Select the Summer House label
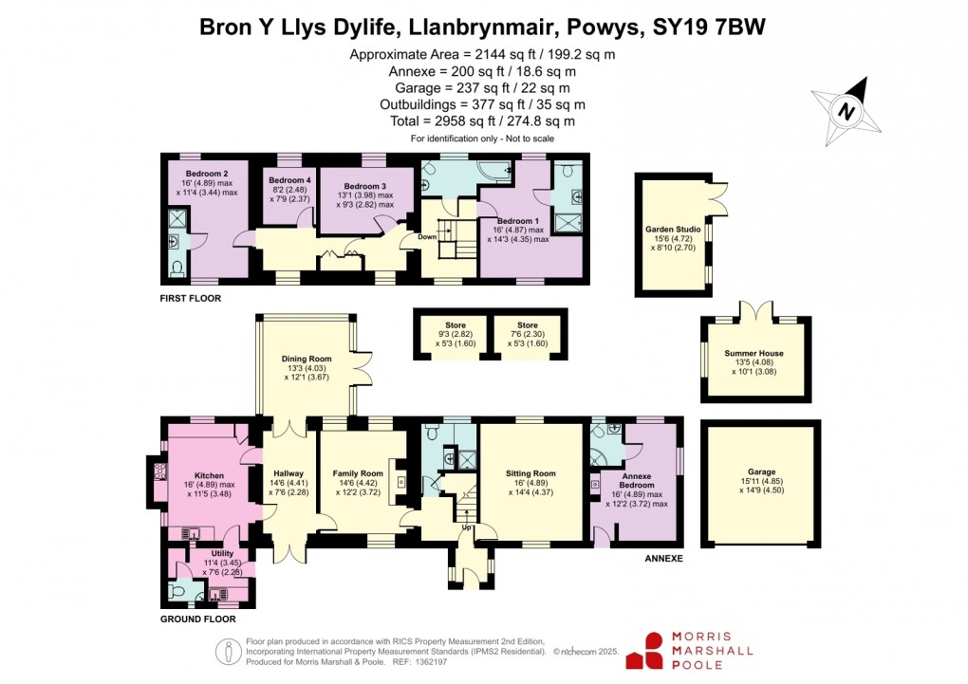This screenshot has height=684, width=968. [x=754, y=353]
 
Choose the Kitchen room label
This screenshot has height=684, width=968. [x=209, y=475]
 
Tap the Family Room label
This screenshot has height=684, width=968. [x=358, y=473]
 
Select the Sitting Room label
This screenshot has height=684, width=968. [x=531, y=473]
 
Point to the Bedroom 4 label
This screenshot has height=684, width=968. [x=289, y=180]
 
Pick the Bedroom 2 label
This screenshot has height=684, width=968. [x=206, y=174]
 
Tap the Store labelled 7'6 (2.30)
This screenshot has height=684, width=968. [x=527, y=325]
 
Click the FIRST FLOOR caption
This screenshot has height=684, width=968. [x=190, y=298]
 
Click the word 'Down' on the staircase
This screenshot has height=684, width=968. [x=428, y=237]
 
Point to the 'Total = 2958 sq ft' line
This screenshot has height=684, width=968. [x=483, y=121]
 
